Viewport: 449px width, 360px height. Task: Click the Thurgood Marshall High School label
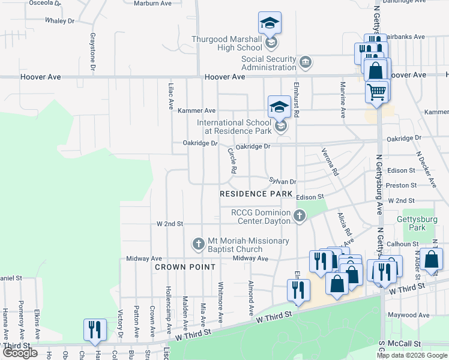226,44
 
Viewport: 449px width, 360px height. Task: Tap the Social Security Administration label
268,63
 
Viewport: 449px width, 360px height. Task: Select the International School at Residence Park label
235,127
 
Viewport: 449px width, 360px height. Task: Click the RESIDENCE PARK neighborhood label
256,194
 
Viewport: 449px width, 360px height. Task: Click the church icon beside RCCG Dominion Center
300,215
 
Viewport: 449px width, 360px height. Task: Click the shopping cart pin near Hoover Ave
377,92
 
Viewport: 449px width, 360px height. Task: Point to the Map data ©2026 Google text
411,355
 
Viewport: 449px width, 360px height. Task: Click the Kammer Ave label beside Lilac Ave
196,110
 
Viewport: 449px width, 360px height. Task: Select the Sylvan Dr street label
283,181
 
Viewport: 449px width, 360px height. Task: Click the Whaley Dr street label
59,20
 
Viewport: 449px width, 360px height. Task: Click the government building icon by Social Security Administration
306,61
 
